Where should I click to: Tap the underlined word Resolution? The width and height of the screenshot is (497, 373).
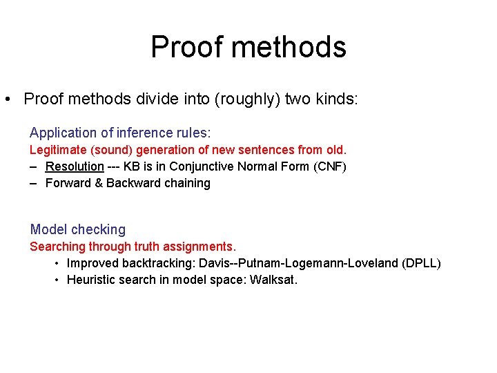(x=75, y=166)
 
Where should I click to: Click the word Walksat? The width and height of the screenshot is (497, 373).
(x=273, y=280)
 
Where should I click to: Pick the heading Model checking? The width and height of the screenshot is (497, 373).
(x=78, y=229)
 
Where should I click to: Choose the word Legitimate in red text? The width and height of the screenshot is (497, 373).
(x=58, y=150)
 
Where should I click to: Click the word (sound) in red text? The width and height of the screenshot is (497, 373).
(x=113, y=150)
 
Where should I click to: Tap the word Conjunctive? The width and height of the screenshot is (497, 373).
(x=203, y=166)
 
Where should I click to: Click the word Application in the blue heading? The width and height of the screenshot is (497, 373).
(x=61, y=133)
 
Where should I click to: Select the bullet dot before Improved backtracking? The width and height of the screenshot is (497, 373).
(x=56, y=264)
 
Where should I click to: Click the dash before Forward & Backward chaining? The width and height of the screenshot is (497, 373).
(x=33, y=183)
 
